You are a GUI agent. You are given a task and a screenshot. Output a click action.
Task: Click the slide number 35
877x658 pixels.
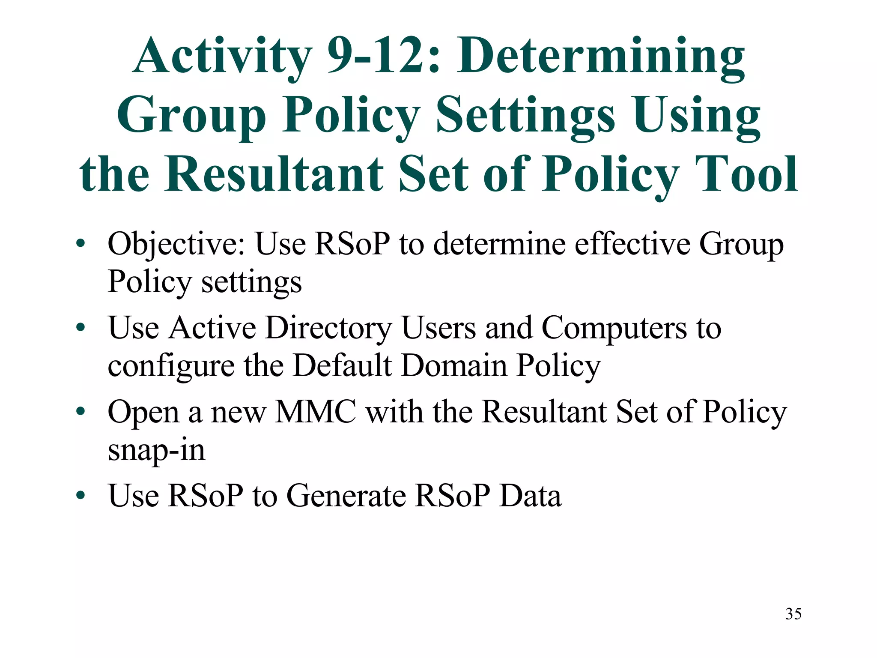coord(793,614)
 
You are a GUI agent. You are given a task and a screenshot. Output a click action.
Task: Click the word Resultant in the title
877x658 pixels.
coord(274,174)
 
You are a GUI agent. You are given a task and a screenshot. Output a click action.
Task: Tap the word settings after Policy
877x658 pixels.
coord(251,283)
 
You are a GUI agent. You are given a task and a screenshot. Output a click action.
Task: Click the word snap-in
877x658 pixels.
coord(156,451)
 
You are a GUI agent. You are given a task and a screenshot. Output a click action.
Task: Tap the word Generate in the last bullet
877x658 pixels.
coord(346,496)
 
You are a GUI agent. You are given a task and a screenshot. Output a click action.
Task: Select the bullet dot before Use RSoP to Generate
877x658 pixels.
coord(81,496)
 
